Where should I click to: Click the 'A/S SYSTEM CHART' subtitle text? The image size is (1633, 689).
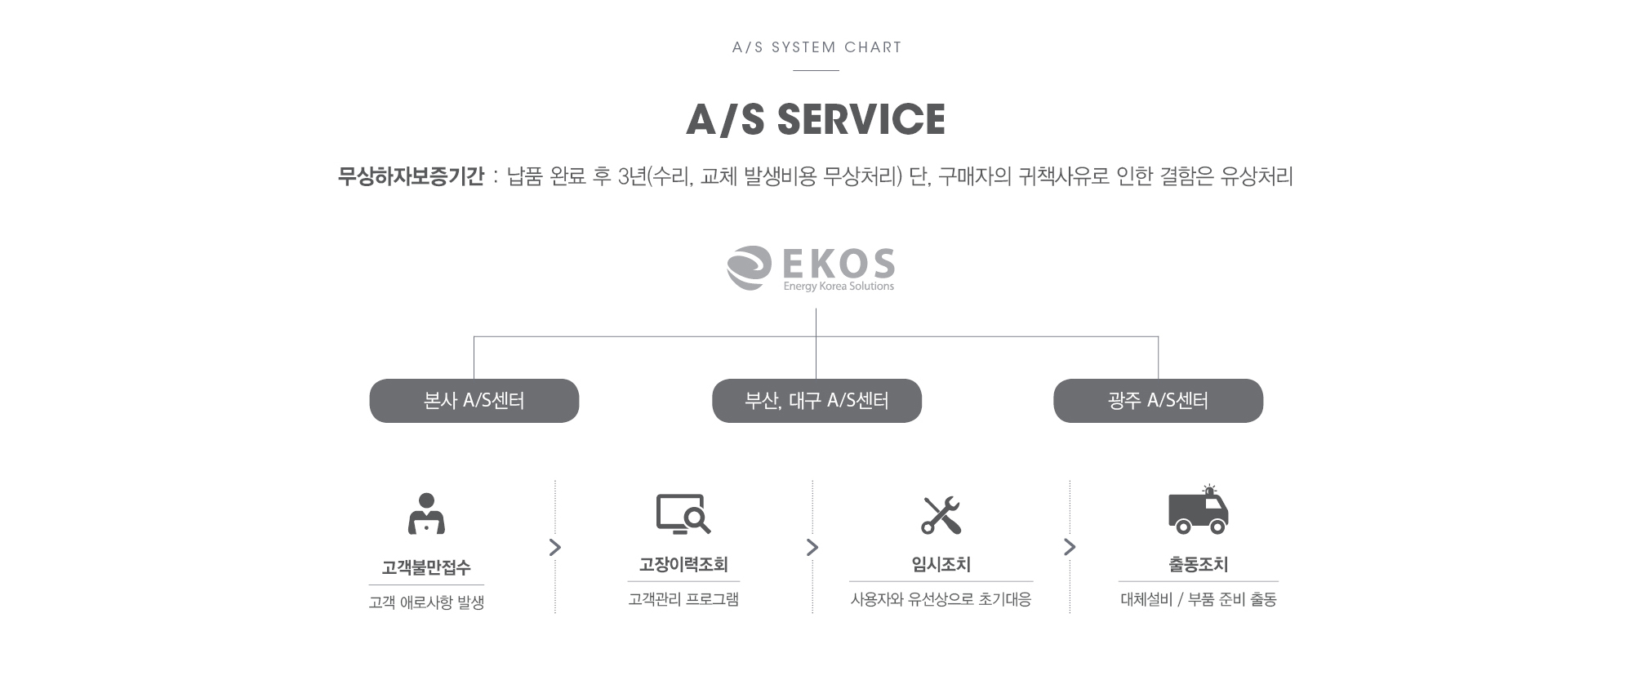point(816,47)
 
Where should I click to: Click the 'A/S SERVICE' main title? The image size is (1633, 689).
point(816,119)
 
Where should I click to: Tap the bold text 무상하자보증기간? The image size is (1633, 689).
point(411,176)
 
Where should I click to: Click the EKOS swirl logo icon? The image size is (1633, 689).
point(749,268)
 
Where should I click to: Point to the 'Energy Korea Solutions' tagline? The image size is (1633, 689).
point(839,287)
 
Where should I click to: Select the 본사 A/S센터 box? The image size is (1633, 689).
point(474,401)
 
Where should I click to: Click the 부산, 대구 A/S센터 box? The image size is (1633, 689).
point(816,401)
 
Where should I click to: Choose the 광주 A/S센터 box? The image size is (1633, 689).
point(1158,401)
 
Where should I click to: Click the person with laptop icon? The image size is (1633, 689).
point(426,513)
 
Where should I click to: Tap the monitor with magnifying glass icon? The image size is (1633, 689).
point(683,514)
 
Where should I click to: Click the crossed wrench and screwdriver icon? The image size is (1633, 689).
point(941,515)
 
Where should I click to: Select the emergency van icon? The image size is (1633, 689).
point(1198,509)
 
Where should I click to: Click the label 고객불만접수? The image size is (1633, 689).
point(426,568)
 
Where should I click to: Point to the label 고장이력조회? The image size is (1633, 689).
point(683,565)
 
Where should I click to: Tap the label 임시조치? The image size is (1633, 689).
point(941,565)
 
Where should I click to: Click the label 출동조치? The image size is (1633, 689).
point(1199,565)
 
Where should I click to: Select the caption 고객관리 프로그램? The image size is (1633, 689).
point(683,599)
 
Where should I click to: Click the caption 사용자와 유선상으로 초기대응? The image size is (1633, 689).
point(941,599)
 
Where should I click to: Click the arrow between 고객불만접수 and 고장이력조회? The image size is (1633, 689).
point(555,547)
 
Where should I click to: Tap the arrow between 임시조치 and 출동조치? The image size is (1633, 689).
point(1070,547)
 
